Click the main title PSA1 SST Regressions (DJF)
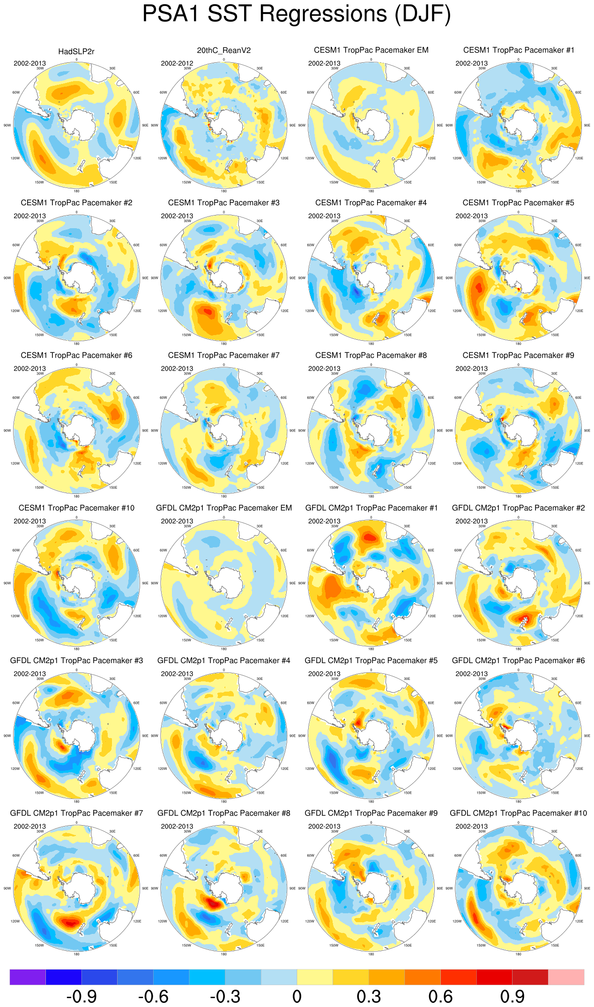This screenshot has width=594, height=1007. (297, 14)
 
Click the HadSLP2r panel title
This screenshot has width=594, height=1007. (76, 52)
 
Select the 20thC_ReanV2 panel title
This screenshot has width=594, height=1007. (224, 51)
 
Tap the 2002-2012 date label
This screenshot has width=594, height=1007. (177, 63)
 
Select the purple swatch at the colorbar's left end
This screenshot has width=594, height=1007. (28, 977)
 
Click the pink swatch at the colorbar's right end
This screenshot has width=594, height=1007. (566, 977)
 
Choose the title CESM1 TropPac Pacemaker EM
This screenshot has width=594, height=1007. (371, 50)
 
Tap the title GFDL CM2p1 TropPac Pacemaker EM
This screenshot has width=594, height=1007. (224, 508)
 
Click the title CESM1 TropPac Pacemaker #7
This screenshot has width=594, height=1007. (224, 356)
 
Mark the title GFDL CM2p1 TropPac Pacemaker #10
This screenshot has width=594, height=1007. (518, 813)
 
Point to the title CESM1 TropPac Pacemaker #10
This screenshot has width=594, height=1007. (76, 508)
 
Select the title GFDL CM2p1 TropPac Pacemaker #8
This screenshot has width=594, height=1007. (224, 813)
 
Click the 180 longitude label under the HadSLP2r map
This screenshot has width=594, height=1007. (76, 191)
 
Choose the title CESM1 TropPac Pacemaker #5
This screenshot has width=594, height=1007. (518, 203)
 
